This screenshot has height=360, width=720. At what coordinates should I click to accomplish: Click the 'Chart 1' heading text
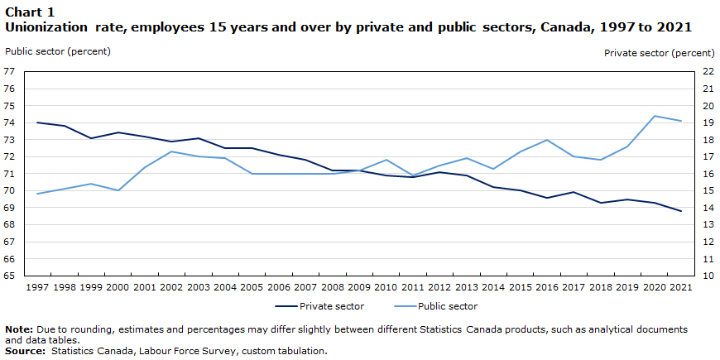pyautogui.click(x=30, y=12)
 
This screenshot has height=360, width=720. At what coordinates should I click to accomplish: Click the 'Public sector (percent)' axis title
pyautogui.click(x=57, y=51)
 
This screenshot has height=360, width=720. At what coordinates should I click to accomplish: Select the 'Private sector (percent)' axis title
pyautogui.click(x=659, y=53)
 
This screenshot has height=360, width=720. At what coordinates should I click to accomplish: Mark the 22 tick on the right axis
pyautogui.click(x=708, y=71)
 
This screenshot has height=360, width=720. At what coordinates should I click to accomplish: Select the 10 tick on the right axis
pyautogui.click(x=708, y=276)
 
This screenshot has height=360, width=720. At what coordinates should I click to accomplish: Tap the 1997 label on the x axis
pyautogui.click(x=37, y=287)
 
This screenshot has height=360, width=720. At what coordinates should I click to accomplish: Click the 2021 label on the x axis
pyautogui.click(x=680, y=287)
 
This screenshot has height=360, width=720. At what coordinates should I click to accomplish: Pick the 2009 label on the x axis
pyautogui.click(x=358, y=287)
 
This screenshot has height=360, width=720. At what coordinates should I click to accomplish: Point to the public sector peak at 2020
pyautogui.click(x=654, y=116)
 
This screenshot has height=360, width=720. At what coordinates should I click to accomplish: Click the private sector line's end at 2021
pyautogui.click(x=680, y=211)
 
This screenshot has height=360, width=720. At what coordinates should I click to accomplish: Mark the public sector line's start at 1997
pyautogui.click(x=37, y=194)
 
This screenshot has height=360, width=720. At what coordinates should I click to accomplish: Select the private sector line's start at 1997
pyautogui.click(x=37, y=122)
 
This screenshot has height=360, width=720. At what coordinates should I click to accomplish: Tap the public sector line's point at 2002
pyautogui.click(x=171, y=151)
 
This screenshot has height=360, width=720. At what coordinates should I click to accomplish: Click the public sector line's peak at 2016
pyautogui.click(x=546, y=140)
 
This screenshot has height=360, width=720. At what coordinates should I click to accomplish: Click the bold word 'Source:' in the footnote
pyautogui.click(x=26, y=351)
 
